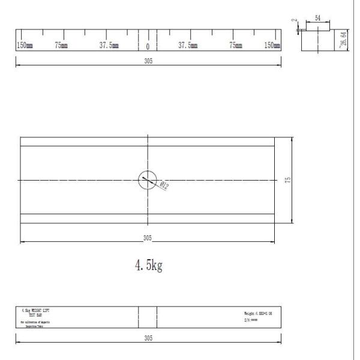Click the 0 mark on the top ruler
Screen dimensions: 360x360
tap(148, 47)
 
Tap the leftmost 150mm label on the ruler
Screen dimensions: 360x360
tap(25, 46)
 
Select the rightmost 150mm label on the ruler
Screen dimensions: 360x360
tap(272, 46)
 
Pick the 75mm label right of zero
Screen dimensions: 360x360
tap(236, 46)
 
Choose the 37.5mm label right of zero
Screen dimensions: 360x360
tap(188, 46)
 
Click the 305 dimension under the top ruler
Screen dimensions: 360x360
tap(148, 61)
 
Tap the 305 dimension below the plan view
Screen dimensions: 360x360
tap(148, 238)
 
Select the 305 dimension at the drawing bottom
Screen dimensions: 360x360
tap(148, 338)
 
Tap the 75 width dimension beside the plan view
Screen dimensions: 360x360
tap(288, 180)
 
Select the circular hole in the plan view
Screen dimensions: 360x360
tap(148, 179)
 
